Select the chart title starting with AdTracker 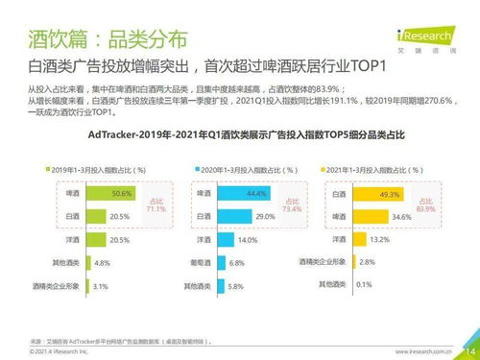[x=239, y=135]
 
